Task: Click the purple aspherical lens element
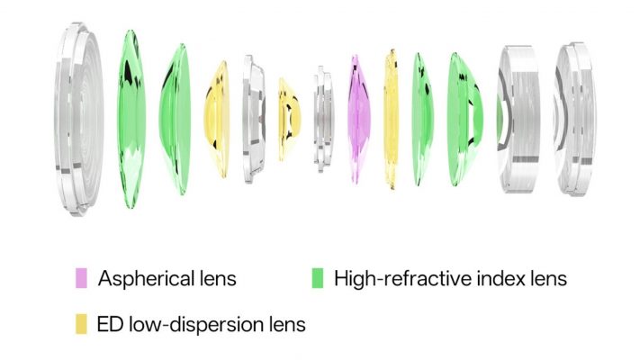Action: (x=359, y=119)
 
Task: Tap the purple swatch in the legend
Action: (x=81, y=278)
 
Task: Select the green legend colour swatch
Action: (x=318, y=278)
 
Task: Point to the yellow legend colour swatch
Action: (x=81, y=324)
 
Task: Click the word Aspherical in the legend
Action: (x=146, y=279)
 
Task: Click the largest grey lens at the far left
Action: (x=78, y=119)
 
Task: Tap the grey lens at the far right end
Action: (x=574, y=119)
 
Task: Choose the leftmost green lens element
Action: (x=131, y=119)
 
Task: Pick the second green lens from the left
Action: (x=175, y=119)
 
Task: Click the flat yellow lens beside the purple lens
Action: (x=391, y=119)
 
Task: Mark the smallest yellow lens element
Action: (x=289, y=119)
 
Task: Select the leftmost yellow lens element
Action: (x=217, y=119)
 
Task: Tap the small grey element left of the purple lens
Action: (x=324, y=119)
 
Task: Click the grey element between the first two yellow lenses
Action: (x=254, y=119)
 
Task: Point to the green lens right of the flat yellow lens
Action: (x=422, y=119)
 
